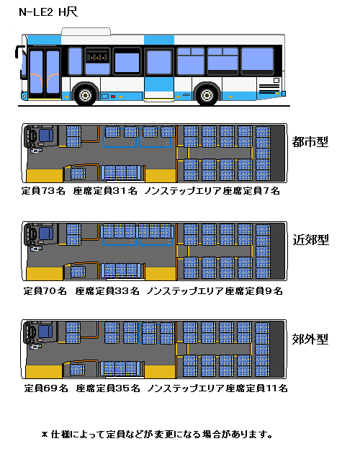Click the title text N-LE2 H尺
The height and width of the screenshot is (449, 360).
point(48,12)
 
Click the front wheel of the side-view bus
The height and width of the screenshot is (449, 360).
point(85,95)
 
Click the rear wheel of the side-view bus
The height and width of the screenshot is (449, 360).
point(207,95)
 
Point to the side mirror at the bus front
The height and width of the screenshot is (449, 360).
point(19,52)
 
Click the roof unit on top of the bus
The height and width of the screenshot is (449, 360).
point(86,32)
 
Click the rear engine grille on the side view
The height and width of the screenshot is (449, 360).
point(269,89)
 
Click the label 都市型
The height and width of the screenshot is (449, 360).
point(310,142)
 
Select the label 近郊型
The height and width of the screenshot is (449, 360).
point(310,240)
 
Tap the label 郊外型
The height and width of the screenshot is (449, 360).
point(310,339)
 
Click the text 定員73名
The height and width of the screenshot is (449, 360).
point(43,191)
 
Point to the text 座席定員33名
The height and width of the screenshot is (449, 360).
point(107,291)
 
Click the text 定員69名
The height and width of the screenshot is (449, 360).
point(46,388)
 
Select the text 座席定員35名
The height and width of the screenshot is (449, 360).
point(108,388)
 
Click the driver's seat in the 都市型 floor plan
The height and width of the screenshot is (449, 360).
point(46,135)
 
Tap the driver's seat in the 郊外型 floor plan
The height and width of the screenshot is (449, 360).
point(45,332)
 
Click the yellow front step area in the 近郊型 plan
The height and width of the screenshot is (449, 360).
point(45,274)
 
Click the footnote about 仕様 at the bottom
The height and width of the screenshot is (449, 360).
point(157,435)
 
